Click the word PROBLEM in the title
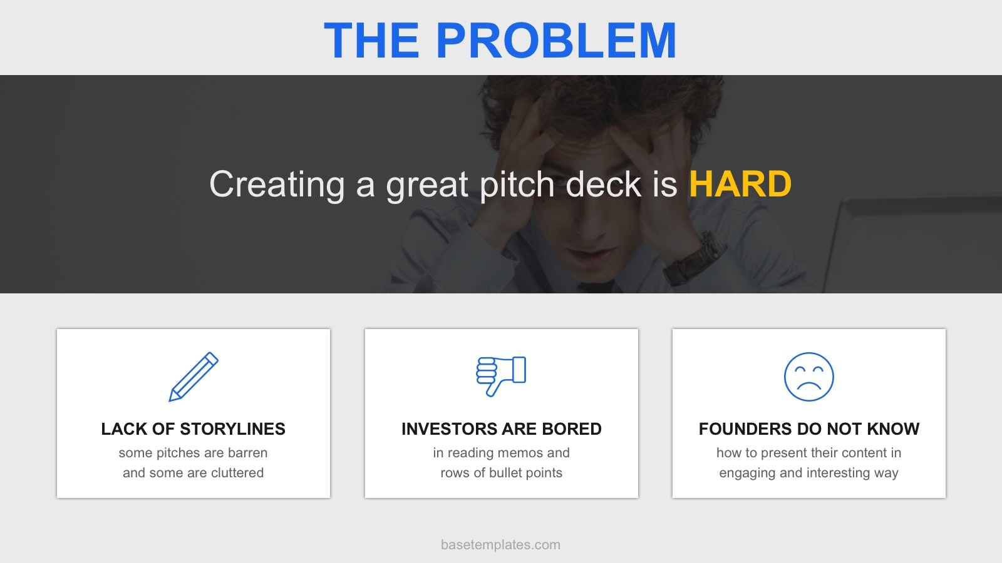coord(555,40)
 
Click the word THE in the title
coord(372,40)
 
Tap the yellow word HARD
coord(740,184)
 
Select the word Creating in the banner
coord(277,186)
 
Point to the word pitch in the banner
coord(517,186)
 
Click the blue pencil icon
coord(194,377)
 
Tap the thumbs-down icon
coord(501,376)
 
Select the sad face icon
coord(808,377)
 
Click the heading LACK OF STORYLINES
coord(194,429)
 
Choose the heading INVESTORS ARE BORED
coord(502,429)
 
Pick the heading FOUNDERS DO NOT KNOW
coord(808,429)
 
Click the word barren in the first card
coord(247,453)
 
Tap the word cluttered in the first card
coord(237,473)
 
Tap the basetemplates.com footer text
coord(500,545)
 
